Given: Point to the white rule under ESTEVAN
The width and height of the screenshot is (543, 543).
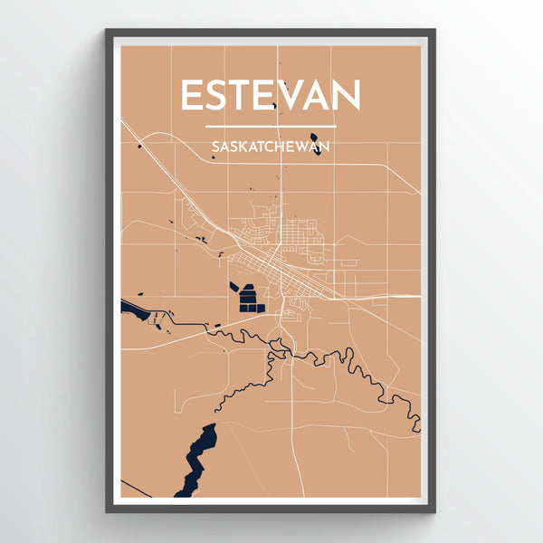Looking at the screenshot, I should pos(271,126).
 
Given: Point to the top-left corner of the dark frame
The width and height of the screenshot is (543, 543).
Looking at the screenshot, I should pos(107,31).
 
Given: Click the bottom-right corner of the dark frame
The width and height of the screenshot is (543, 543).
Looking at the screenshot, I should pos(434,512).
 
